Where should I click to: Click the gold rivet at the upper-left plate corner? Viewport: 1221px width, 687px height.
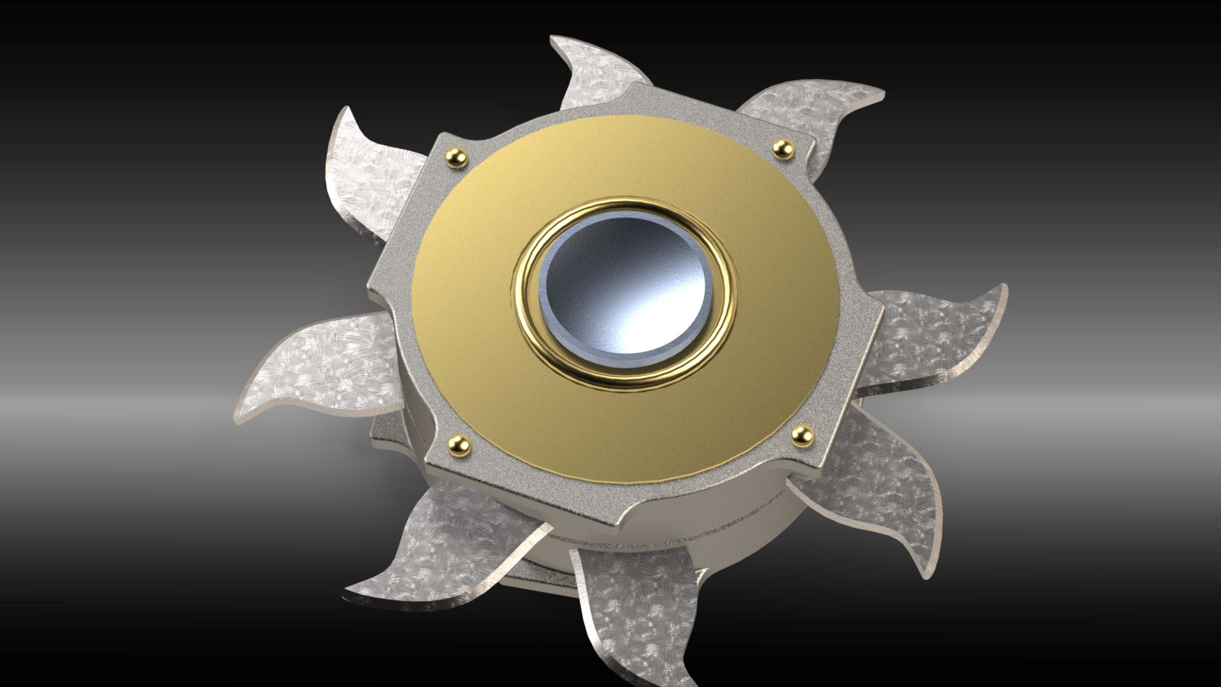pyautogui.click(x=456, y=155)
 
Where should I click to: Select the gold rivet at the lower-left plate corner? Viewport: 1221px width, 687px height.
pyautogui.click(x=458, y=443)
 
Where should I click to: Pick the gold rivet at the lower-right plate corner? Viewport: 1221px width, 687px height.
pyautogui.click(x=801, y=434)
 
